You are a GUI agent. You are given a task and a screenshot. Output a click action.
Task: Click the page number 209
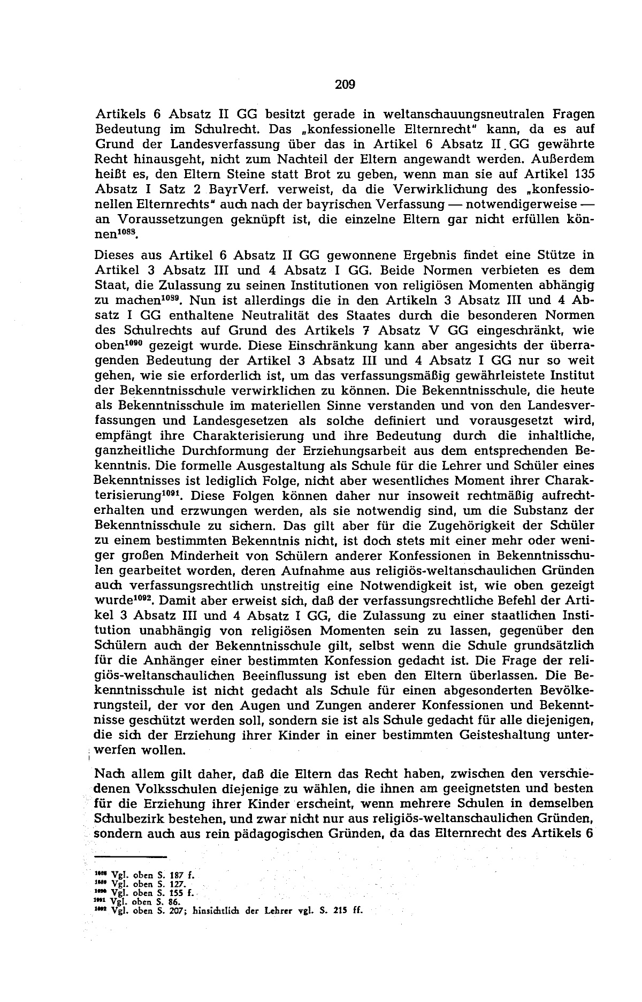[346, 85]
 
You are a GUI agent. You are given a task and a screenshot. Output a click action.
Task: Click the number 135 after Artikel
[584, 173]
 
